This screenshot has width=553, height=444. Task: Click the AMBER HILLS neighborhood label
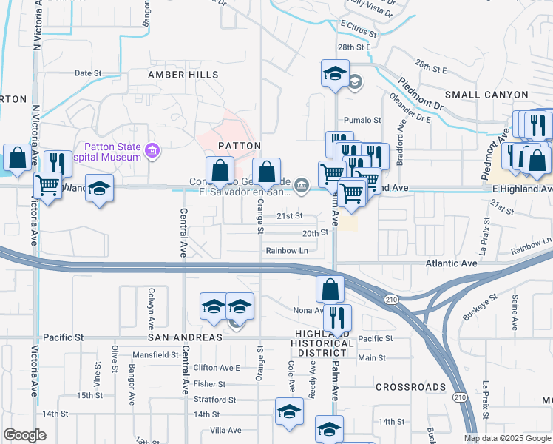tap(183, 75)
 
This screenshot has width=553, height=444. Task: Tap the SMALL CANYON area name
tap(486, 95)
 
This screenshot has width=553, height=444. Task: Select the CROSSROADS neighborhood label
tap(410, 387)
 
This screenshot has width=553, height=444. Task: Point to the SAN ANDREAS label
tap(185, 337)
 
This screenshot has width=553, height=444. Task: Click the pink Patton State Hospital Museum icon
tap(153, 152)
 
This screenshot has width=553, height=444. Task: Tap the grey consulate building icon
tap(302, 185)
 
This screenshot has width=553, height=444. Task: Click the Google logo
tap(24, 435)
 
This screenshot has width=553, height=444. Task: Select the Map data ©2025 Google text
tap(507, 438)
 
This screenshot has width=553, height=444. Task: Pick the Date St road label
tap(87, 73)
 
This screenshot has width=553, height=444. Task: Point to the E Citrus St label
tap(359, 34)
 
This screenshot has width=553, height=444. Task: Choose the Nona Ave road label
tap(308, 310)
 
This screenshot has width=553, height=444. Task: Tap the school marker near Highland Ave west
tap(99, 189)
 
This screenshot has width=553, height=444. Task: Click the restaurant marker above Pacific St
tap(337, 318)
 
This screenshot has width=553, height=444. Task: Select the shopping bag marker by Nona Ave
tap(330, 289)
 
